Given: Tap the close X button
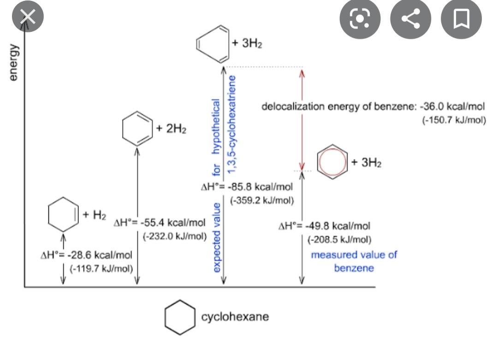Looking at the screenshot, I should tap(28, 17).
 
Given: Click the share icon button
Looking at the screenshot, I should tap(410, 19).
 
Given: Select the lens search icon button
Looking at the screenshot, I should tap(360, 19).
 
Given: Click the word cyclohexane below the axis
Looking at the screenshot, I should tap(235, 317).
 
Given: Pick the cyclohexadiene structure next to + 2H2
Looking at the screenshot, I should tap(137, 129).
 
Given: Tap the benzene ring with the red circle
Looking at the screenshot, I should tap(331, 162).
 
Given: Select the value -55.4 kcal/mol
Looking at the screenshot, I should tap(172, 223).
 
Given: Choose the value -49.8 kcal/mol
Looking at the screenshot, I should tap(336, 226).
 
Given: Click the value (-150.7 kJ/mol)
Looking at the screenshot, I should tap(454, 120).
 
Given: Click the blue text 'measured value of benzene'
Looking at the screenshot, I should tap(354, 261).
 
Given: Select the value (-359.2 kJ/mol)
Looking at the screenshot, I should tap(262, 201).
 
